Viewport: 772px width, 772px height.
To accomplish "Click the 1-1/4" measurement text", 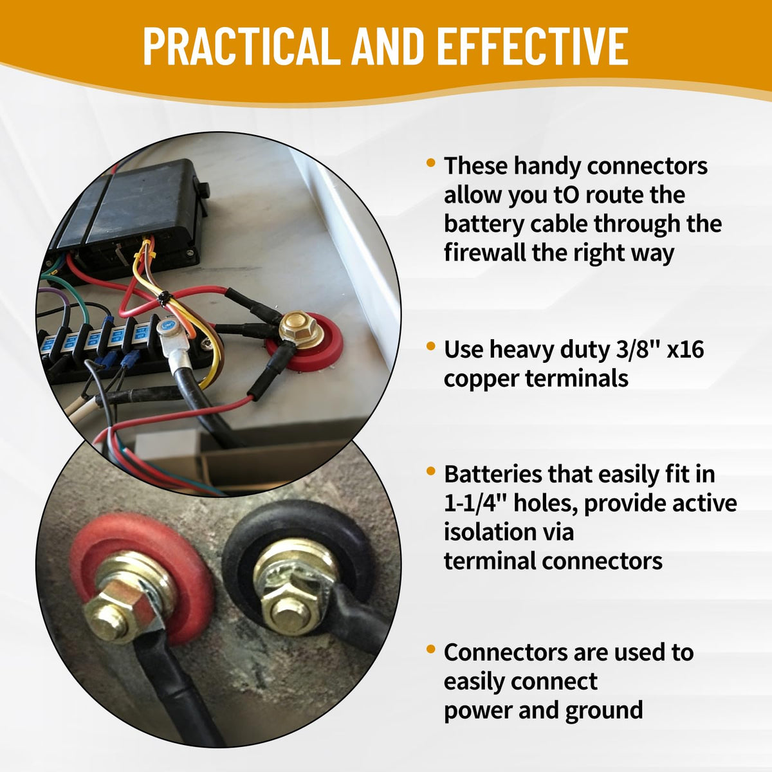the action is point(475,503).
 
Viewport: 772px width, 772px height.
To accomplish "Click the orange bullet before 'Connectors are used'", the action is point(431,648).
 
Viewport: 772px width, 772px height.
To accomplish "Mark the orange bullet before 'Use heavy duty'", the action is point(431,345).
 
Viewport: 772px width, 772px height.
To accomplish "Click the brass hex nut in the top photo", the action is point(302,330).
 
